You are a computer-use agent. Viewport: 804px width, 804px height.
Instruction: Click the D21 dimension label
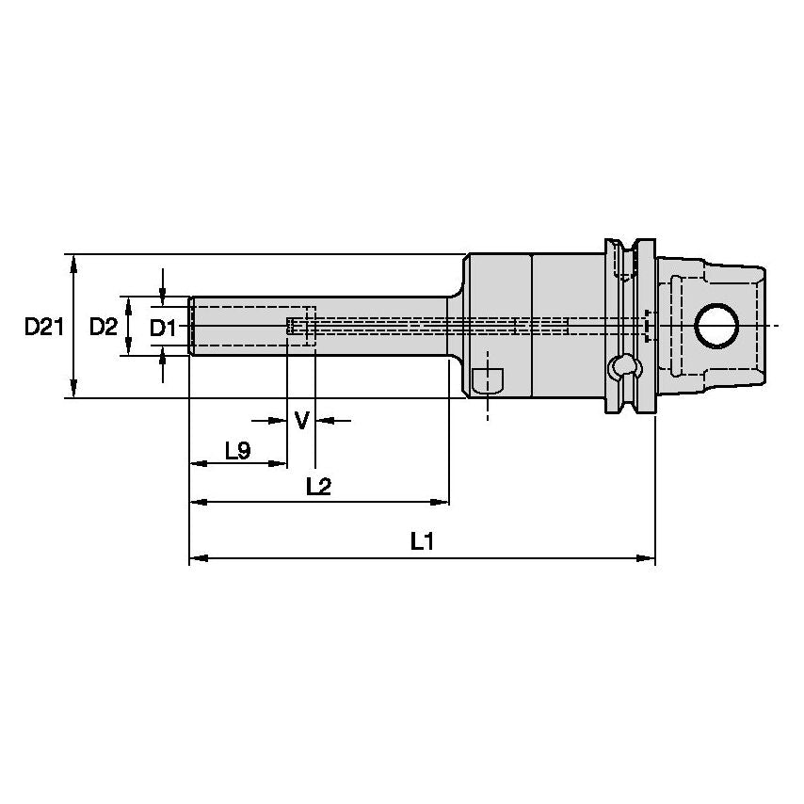click(43, 327)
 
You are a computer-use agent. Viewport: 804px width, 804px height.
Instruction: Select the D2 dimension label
click(104, 327)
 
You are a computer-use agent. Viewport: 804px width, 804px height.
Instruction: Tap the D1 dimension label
click(164, 328)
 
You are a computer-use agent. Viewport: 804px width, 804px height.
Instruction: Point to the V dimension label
click(301, 420)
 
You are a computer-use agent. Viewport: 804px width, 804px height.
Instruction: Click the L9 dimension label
click(237, 451)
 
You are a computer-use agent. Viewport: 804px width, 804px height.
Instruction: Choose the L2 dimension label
click(319, 487)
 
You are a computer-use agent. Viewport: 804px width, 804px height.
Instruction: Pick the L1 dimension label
click(421, 541)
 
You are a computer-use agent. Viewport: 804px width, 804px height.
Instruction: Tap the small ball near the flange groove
click(619, 365)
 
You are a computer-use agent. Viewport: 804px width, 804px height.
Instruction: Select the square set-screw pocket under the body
click(487, 380)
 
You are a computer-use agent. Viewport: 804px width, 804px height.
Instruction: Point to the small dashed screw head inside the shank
click(291, 326)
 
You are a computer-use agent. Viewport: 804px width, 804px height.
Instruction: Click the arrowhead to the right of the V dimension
click(323, 420)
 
